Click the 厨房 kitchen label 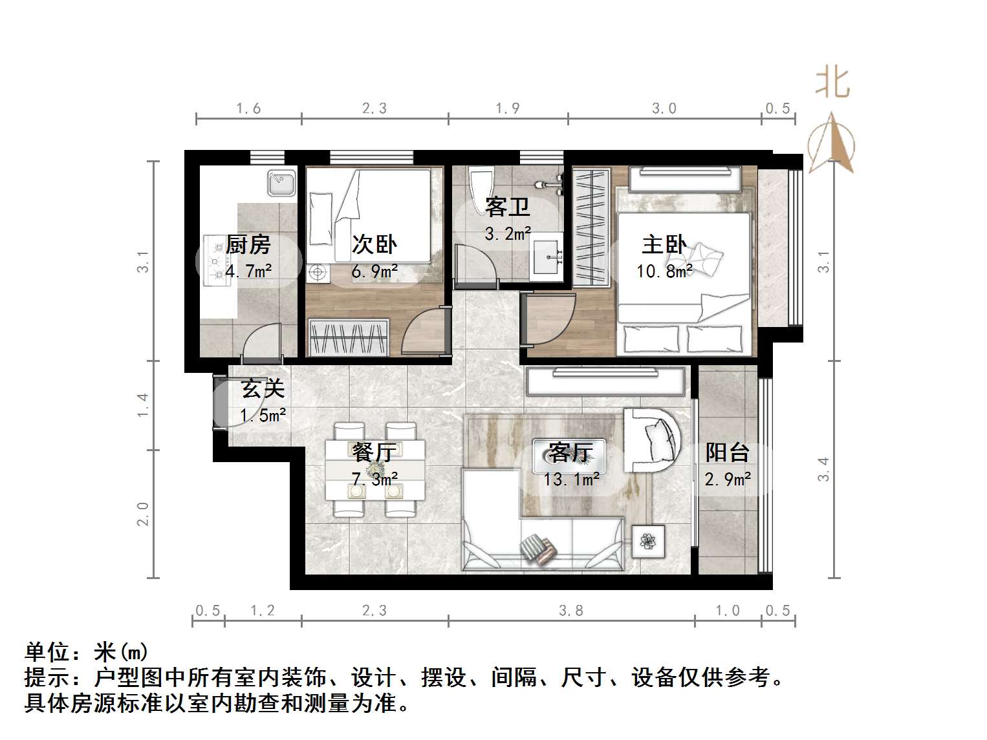click(x=248, y=245)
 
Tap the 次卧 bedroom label click(x=374, y=244)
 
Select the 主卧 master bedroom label click(x=664, y=244)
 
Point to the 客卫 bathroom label click(x=508, y=207)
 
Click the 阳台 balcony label click(x=728, y=452)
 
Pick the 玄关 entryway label click(x=263, y=389)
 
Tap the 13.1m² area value click(x=572, y=480)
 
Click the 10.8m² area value click(x=664, y=271)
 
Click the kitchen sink click(x=282, y=183)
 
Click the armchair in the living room click(x=652, y=439)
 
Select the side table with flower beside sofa click(x=648, y=540)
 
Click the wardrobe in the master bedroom click(x=591, y=226)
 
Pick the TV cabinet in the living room click(x=605, y=381)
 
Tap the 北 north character click(x=832, y=83)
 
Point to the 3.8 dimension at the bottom click(x=571, y=611)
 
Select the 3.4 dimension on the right click(x=823, y=469)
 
